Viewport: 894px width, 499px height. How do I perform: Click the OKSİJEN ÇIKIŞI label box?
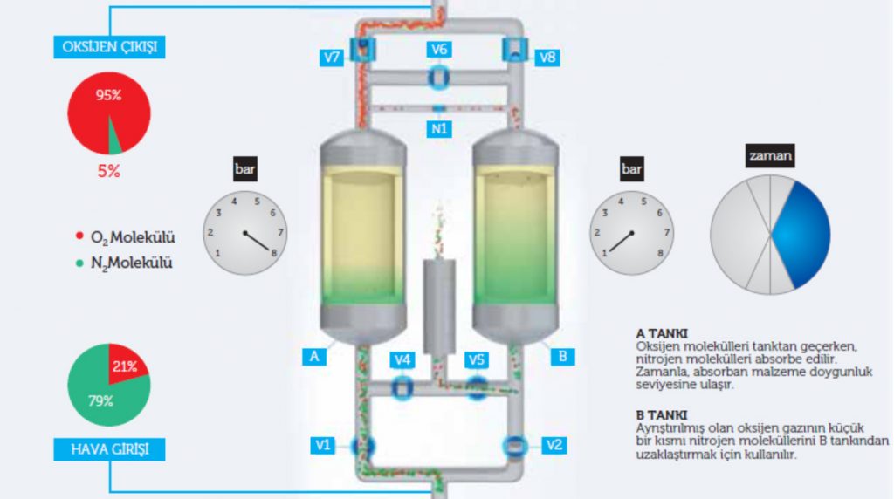click(109, 47)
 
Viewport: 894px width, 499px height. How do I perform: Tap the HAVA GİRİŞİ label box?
click(109, 449)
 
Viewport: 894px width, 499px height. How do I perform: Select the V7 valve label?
click(332, 58)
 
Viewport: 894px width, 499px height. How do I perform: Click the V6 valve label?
click(439, 50)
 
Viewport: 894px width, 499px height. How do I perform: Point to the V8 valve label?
click(547, 58)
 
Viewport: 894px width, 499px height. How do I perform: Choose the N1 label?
click(439, 129)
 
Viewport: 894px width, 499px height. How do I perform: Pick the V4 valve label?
click(402, 360)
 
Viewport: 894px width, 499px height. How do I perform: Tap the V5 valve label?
click(476, 360)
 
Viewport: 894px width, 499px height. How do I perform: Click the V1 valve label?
click(323, 445)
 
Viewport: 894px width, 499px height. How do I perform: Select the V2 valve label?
click(554, 445)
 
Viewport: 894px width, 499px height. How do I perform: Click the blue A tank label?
click(314, 357)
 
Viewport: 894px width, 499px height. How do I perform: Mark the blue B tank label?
click(563, 357)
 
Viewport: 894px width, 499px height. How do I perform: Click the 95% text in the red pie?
click(108, 95)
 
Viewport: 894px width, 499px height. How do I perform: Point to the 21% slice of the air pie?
click(127, 365)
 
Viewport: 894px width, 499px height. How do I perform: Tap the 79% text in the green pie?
click(100, 401)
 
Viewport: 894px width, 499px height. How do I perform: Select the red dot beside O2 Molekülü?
click(79, 236)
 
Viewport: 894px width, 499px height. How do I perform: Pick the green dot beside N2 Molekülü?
click(79, 263)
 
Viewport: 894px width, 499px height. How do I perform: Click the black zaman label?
click(770, 155)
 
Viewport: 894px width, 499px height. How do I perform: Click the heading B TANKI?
click(662, 415)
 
